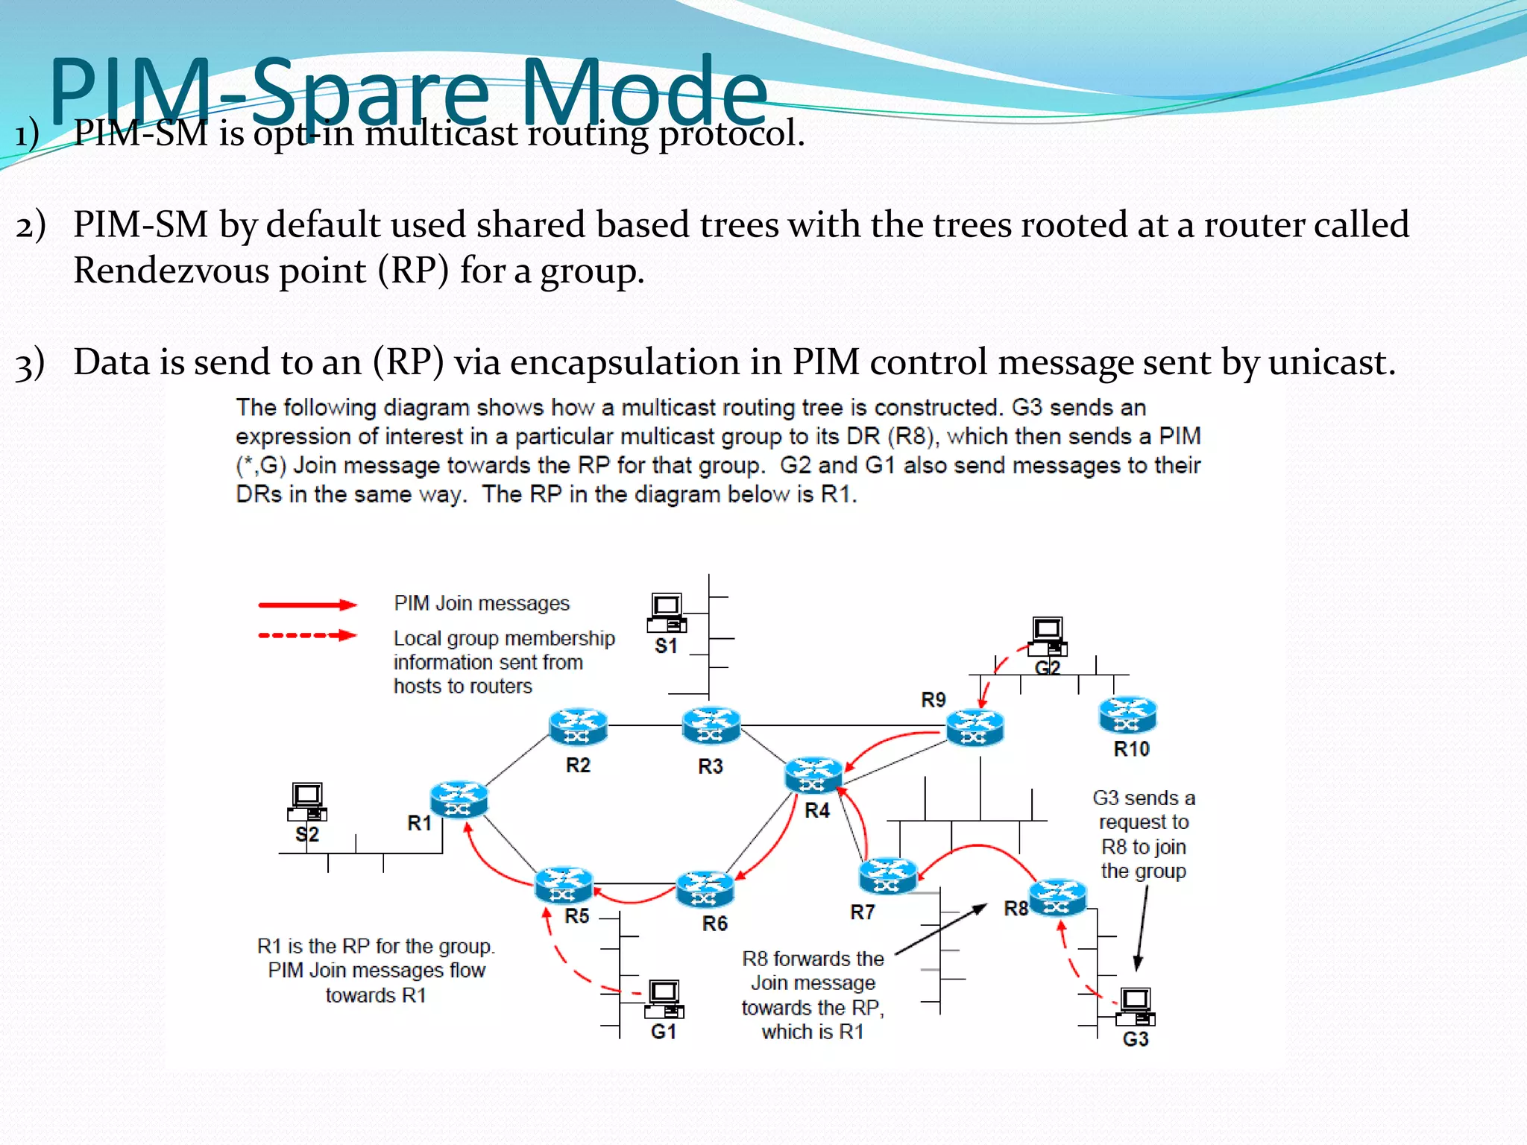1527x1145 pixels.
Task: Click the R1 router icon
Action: coord(459,799)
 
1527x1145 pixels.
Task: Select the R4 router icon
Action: coord(813,775)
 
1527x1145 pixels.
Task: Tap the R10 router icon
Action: coord(1127,714)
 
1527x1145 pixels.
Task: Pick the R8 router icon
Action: coord(1057,898)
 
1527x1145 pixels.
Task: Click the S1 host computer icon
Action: coord(667,613)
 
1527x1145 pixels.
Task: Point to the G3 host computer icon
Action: coord(1136,1006)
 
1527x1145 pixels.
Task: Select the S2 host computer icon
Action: coord(307,801)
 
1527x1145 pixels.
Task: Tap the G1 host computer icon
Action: coord(664,999)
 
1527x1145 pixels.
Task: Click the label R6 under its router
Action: coord(714,924)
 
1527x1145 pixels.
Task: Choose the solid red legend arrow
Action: coord(307,605)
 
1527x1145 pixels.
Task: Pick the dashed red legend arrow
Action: coord(307,636)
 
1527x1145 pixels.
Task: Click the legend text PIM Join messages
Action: coord(482,603)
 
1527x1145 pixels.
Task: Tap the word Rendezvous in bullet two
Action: coord(171,270)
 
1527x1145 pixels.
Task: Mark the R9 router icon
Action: coord(975,727)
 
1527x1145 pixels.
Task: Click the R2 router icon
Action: coord(578,726)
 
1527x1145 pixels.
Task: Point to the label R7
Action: coord(862,912)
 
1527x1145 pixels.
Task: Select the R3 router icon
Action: coord(711,725)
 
